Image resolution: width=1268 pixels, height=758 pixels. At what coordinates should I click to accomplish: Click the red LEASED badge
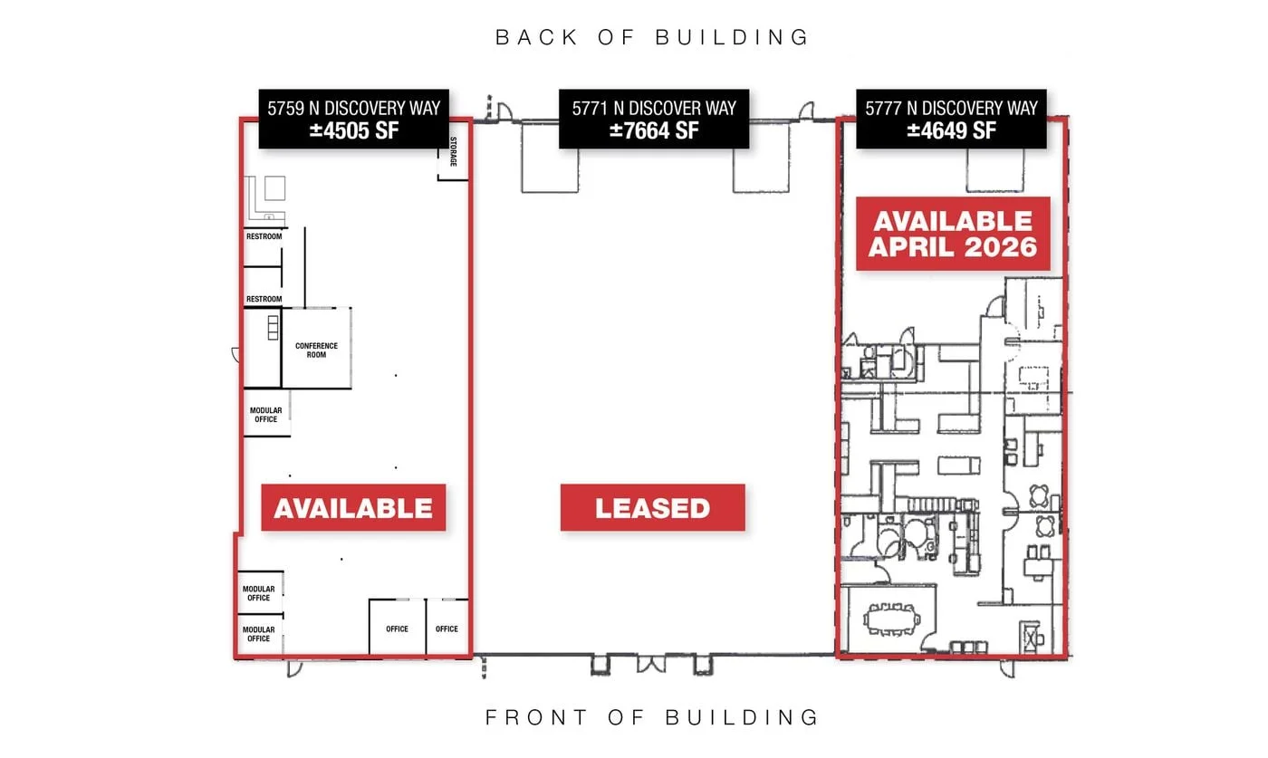click(653, 508)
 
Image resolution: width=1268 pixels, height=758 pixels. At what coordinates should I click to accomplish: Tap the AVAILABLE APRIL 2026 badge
click(953, 234)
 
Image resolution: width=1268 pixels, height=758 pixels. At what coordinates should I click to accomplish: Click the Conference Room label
click(316, 350)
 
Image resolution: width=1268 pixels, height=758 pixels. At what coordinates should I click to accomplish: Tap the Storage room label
click(453, 152)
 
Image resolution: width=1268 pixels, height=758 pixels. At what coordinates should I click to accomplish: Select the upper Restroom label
click(264, 236)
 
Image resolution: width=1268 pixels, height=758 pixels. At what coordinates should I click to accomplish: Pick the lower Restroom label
click(264, 299)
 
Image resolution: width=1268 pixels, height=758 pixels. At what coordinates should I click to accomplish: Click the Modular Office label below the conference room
click(265, 415)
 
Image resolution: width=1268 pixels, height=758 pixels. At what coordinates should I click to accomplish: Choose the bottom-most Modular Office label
click(259, 634)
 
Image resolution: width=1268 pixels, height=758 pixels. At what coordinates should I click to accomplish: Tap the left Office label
click(397, 628)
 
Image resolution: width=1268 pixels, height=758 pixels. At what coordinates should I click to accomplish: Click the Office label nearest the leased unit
click(447, 628)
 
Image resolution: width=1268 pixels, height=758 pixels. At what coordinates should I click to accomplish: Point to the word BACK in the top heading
click(536, 37)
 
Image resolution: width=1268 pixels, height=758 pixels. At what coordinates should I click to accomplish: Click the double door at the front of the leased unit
click(652, 664)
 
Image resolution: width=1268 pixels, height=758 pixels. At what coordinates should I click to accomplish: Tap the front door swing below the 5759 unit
click(294, 668)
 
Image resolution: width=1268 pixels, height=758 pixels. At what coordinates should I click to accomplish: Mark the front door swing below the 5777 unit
click(1007, 668)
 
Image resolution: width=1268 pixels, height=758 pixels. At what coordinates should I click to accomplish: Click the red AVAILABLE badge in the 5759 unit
click(353, 508)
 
